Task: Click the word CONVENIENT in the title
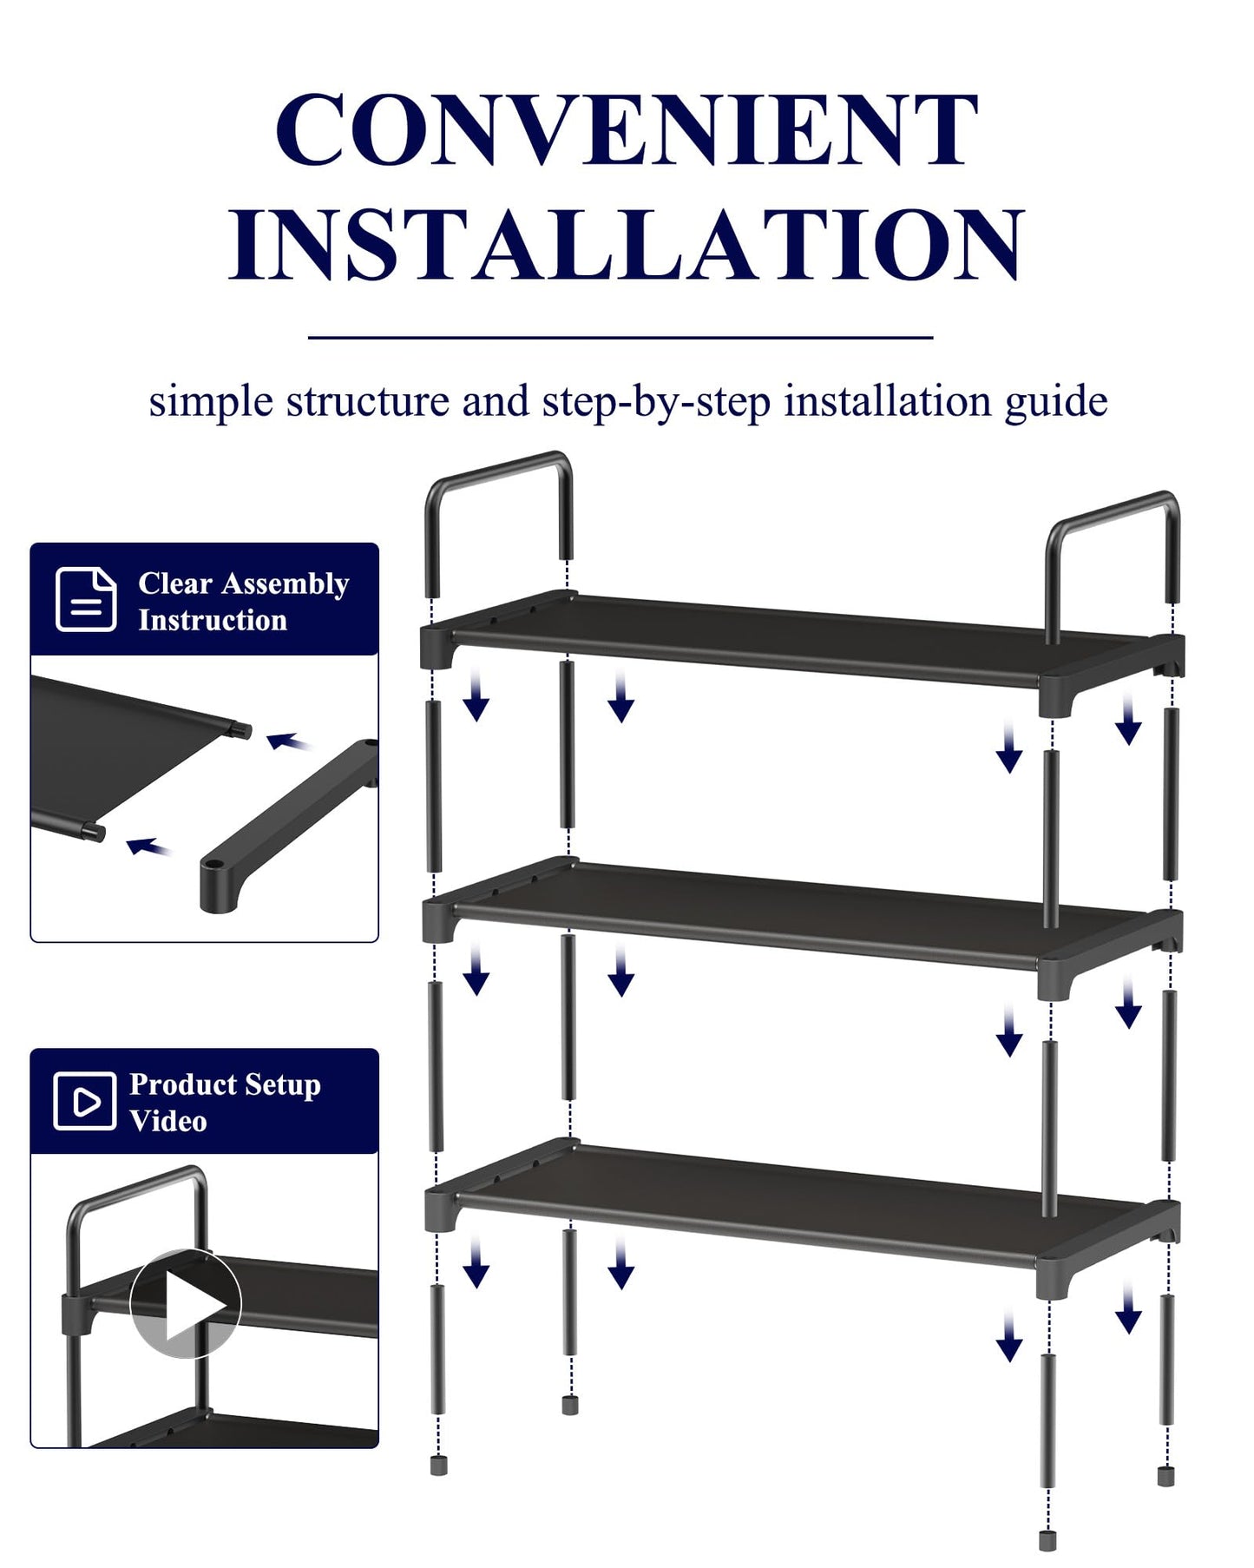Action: click(x=627, y=130)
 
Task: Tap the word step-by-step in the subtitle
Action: click(x=656, y=402)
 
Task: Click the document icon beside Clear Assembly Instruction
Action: click(x=86, y=599)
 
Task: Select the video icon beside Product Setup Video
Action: click(x=84, y=1101)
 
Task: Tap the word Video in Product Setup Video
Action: click(x=168, y=1121)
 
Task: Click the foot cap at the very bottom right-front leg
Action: click(x=1047, y=1540)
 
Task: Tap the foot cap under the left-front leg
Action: click(x=438, y=1466)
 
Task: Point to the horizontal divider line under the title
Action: click(x=620, y=337)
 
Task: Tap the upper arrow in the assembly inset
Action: click(x=288, y=741)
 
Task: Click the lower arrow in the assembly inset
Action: click(x=148, y=846)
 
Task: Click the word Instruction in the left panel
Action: click(x=213, y=620)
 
